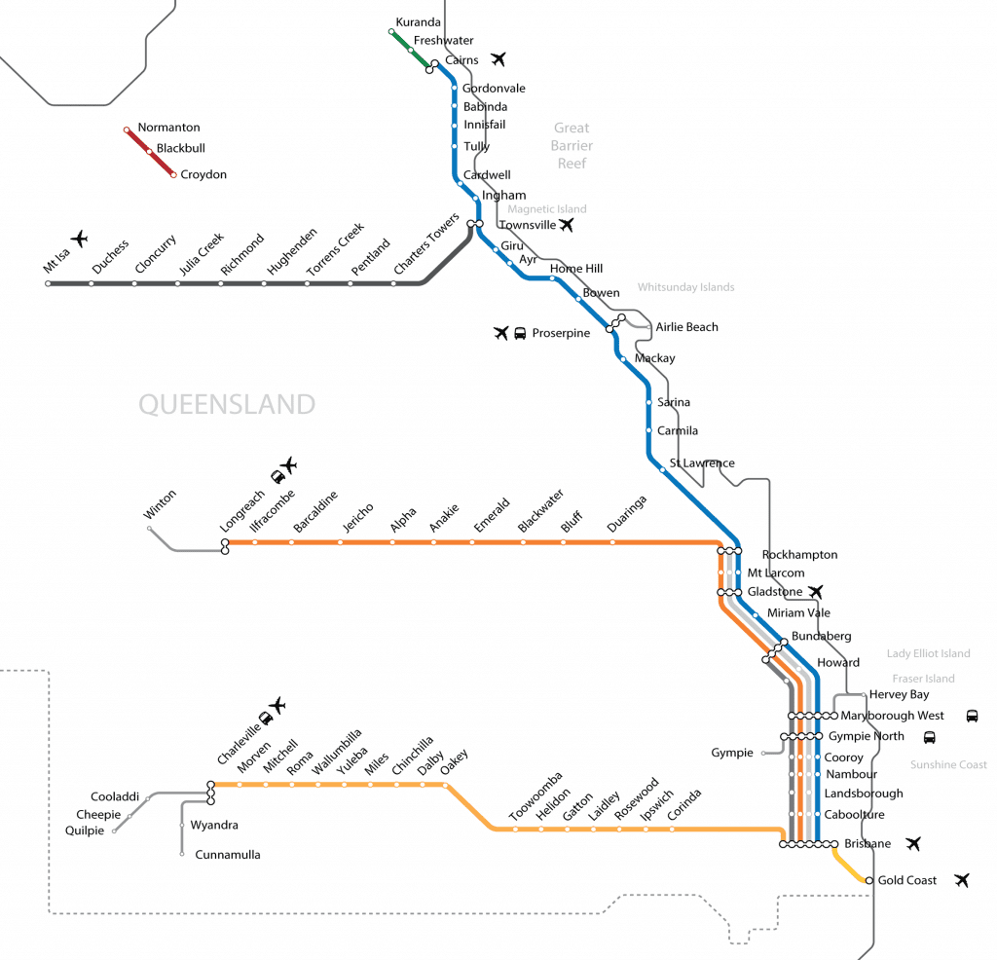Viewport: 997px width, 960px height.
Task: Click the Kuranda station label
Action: (x=418, y=22)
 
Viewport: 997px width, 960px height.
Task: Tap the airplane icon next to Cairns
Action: (x=498, y=59)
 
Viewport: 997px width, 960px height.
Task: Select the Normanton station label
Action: (x=168, y=128)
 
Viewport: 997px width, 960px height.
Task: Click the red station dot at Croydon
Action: (x=173, y=175)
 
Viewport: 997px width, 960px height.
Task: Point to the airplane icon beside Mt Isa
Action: (x=79, y=240)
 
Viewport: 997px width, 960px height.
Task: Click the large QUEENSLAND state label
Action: (x=227, y=404)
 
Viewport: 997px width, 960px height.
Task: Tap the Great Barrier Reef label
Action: (x=572, y=146)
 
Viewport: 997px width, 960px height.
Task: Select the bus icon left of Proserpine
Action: (x=520, y=333)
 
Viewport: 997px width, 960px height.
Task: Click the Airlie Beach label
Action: (x=686, y=327)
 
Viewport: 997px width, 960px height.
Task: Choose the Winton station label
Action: (x=160, y=504)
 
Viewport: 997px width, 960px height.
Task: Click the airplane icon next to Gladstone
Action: (x=815, y=592)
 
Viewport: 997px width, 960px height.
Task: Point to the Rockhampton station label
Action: (x=799, y=554)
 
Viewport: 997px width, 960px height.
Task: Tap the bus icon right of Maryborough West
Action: (x=972, y=716)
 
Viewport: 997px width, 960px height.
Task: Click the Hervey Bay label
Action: (x=899, y=694)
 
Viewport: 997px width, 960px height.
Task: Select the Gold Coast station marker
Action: (x=869, y=880)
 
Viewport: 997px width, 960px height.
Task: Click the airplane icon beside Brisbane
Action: (x=913, y=844)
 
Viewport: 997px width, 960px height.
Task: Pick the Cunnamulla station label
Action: (x=228, y=855)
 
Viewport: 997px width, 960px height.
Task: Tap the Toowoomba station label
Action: (x=535, y=796)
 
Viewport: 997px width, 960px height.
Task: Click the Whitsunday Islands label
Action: (x=685, y=287)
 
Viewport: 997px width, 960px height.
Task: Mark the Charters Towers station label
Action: (x=426, y=243)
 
